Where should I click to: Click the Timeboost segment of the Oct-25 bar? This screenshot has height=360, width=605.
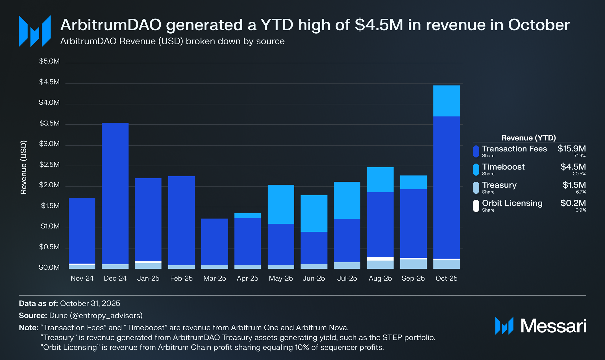point(446,101)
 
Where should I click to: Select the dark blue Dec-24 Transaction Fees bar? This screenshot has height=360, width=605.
point(115,193)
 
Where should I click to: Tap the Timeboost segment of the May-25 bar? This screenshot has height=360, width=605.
point(281,204)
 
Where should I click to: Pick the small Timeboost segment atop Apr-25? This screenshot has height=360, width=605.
point(247,216)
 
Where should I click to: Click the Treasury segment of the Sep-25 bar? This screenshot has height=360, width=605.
point(413,264)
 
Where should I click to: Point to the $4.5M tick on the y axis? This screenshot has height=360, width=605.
point(49,82)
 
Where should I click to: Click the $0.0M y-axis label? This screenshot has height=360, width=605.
point(49,268)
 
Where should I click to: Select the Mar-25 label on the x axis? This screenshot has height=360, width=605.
point(215,278)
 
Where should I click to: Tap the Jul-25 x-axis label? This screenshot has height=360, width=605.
point(347,278)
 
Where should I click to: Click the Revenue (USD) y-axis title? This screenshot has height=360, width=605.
point(24,167)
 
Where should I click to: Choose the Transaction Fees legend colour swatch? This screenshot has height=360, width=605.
point(476,151)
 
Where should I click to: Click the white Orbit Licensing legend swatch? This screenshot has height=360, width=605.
point(476,206)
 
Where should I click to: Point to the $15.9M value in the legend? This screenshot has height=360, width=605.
point(571,149)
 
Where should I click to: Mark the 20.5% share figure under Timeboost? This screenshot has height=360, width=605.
point(579,174)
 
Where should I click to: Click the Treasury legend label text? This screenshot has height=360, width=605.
point(499,185)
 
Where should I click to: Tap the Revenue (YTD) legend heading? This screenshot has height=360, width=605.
point(528,138)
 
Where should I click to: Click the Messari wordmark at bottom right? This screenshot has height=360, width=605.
point(553,326)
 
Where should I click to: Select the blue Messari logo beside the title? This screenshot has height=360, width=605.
point(35,31)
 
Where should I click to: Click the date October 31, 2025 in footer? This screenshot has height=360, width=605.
point(90,303)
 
